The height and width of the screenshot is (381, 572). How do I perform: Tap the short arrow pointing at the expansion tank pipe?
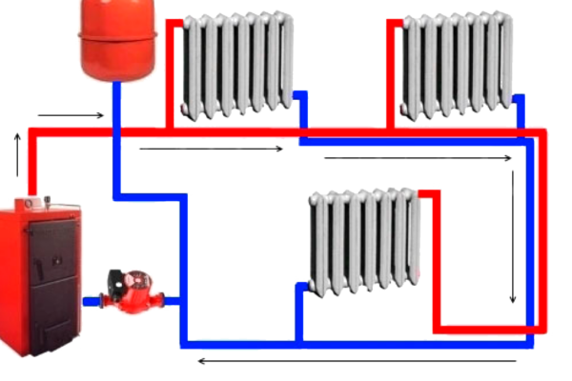click(71, 116)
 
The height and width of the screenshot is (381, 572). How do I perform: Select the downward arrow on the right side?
click(513, 238)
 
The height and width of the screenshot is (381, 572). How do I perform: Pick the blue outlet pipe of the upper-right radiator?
click(521, 110)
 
